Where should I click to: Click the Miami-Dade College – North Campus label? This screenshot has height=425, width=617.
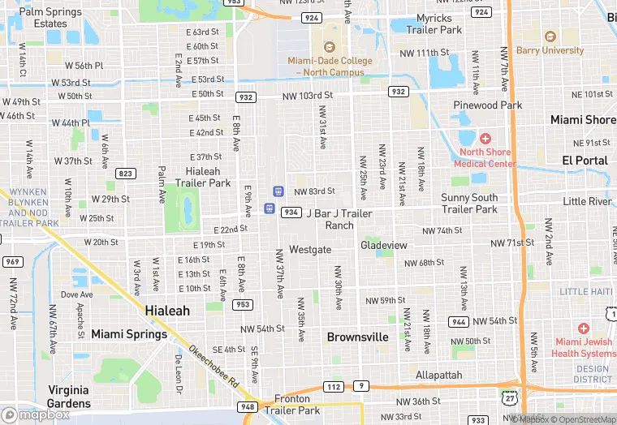329,66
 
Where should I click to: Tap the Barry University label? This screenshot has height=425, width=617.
550,50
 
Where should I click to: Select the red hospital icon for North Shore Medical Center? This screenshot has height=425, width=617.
485,139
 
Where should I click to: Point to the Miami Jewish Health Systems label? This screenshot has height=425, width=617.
584,347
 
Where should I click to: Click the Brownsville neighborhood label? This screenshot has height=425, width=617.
357,337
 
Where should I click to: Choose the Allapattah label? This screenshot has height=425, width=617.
438,376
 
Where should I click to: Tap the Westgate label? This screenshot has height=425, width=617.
310,249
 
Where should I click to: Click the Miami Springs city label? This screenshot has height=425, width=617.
129,334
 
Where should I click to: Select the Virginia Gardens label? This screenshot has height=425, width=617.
68,397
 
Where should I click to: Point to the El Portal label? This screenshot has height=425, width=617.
585,161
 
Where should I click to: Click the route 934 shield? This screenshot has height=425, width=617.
291,212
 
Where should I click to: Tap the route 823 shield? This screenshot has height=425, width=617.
126,174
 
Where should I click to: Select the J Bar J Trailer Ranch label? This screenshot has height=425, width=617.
339,219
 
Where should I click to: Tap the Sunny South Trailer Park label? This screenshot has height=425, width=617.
469,204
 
